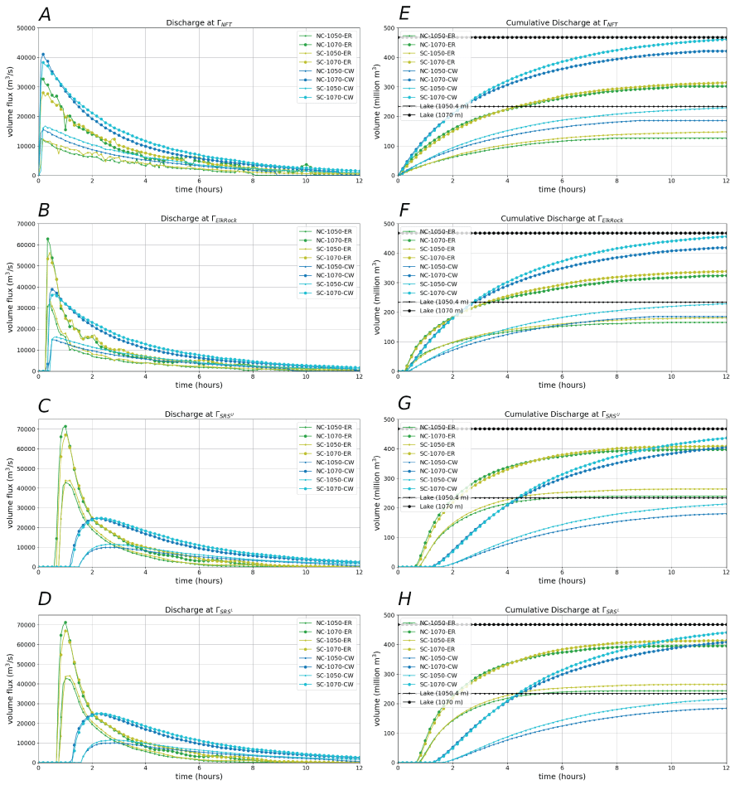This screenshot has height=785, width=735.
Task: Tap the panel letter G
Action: (405, 405)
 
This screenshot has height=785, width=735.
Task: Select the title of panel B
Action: (199, 219)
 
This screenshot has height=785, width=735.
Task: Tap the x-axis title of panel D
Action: (199, 777)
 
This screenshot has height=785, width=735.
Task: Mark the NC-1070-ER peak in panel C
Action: (65, 427)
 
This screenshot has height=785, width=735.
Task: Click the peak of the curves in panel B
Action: (47, 240)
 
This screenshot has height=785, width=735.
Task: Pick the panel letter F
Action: (404, 210)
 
